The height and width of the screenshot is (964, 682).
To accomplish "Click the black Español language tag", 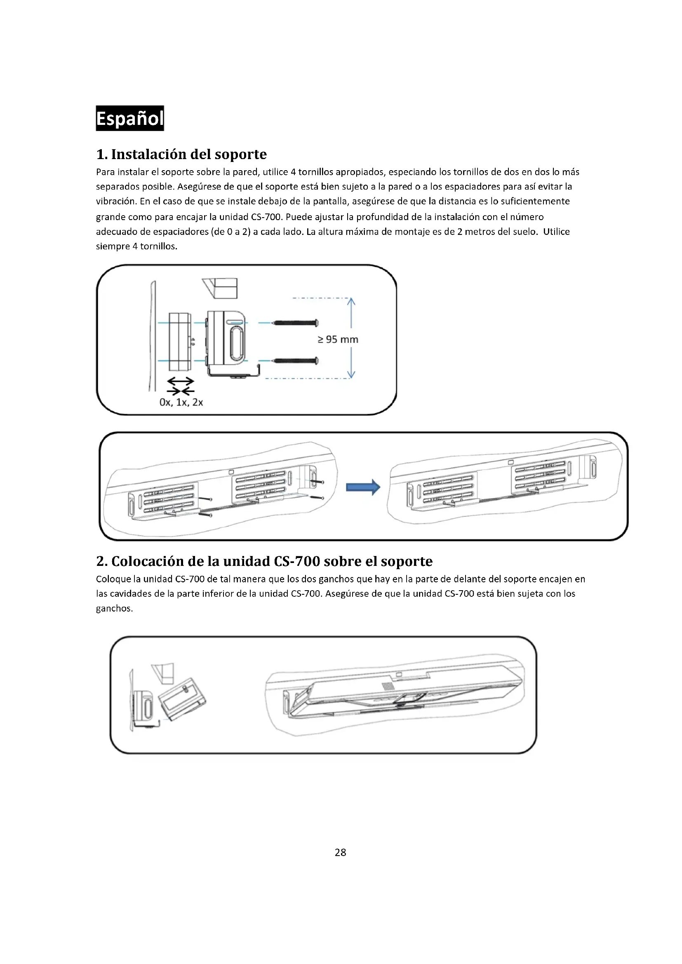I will pyautogui.click(x=130, y=118).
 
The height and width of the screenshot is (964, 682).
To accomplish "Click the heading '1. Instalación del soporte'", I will pyautogui.click(x=181, y=154).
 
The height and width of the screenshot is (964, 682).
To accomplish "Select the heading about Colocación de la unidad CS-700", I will pyautogui.click(x=264, y=561).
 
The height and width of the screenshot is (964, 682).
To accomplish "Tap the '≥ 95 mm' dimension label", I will pyautogui.click(x=338, y=339).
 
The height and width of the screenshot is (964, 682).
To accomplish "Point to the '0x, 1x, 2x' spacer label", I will pyautogui.click(x=181, y=402).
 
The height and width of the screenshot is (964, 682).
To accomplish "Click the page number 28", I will pyautogui.click(x=340, y=852).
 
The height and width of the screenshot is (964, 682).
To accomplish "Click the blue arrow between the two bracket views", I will pyautogui.click(x=363, y=488).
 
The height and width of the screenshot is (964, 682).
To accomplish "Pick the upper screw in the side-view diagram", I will pyautogui.click(x=296, y=323).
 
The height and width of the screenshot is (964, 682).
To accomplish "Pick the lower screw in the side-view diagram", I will pyautogui.click(x=296, y=361).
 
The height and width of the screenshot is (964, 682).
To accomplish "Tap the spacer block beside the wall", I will pyautogui.click(x=179, y=342).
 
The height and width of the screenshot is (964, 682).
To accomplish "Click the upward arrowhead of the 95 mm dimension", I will pyautogui.click(x=351, y=301).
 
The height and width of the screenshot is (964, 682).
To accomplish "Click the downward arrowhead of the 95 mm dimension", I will pyautogui.click(x=351, y=375).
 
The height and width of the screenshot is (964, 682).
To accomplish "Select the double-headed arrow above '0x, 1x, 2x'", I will pyautogui.click(x=181, y=381).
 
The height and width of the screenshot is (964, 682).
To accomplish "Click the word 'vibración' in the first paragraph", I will pyautogui.click(x=116, y=202).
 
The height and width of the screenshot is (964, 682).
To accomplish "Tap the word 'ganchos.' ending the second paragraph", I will pyautogui.click(x=114, y=608).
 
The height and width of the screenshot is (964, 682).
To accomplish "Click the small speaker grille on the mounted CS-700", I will pyautogui.click(x=387, y=686).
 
